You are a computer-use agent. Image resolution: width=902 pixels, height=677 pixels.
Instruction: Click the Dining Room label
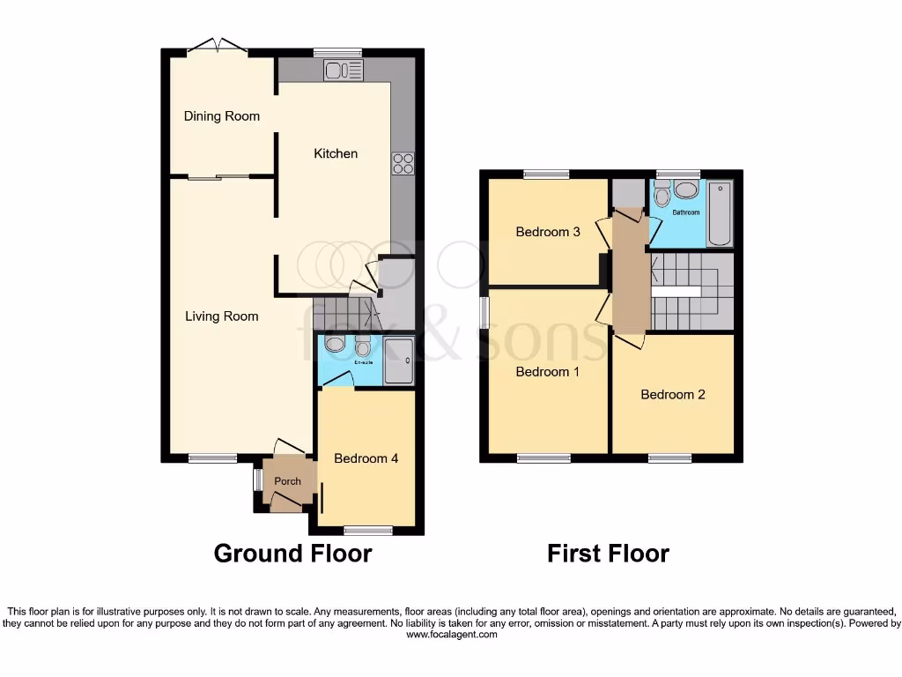pyautogui.click(x=221, y=116)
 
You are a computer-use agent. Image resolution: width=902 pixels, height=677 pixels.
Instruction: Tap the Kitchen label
pyautogui.click(x=336, y=153)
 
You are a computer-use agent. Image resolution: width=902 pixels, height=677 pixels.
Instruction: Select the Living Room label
pyautogui.click(x=221, y=316)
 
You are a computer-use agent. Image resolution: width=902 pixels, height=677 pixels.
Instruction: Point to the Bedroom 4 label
pyautogui.click(x=366, y=458)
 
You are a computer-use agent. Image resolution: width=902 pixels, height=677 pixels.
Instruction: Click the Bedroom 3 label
pyautogui.click(x=547, y=232)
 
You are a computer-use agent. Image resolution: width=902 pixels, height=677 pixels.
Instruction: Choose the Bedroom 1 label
pyautogui.click(x=547, y=372)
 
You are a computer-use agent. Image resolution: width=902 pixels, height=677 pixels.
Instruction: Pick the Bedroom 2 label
pyautogui.click(x=672, y=395)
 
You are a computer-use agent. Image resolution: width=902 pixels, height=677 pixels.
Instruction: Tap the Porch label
pyautogui.click(x=287, y=481)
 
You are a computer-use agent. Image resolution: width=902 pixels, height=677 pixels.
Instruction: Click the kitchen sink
pyautogui.click(x=343, y=70)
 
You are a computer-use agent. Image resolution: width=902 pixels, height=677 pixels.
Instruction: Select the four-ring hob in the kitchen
pyautogui.click(x=403, y=163)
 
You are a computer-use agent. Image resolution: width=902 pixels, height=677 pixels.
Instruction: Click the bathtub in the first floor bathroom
pyautogui.click(x=720, y=213)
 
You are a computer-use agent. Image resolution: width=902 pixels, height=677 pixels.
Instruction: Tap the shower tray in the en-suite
pyautogui.click(x=398, y=361)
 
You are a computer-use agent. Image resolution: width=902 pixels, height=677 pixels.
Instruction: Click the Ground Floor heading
pyautogui.click(x=292, y=554)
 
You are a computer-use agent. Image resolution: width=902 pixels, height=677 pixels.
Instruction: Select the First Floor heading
pyautogui.click(x=608, y=554)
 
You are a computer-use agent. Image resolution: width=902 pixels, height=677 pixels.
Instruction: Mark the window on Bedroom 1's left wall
pyautogui.click(x=484, y=312)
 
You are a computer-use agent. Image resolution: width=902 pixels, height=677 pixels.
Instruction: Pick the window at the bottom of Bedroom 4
pyautogui.click(x=368, y=530)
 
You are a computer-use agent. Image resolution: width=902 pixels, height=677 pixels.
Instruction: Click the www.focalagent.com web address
pyautogui.click(x=450, y=635)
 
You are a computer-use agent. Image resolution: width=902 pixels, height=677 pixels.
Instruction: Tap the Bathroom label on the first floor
pyautogui.click(x=685, y=212)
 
